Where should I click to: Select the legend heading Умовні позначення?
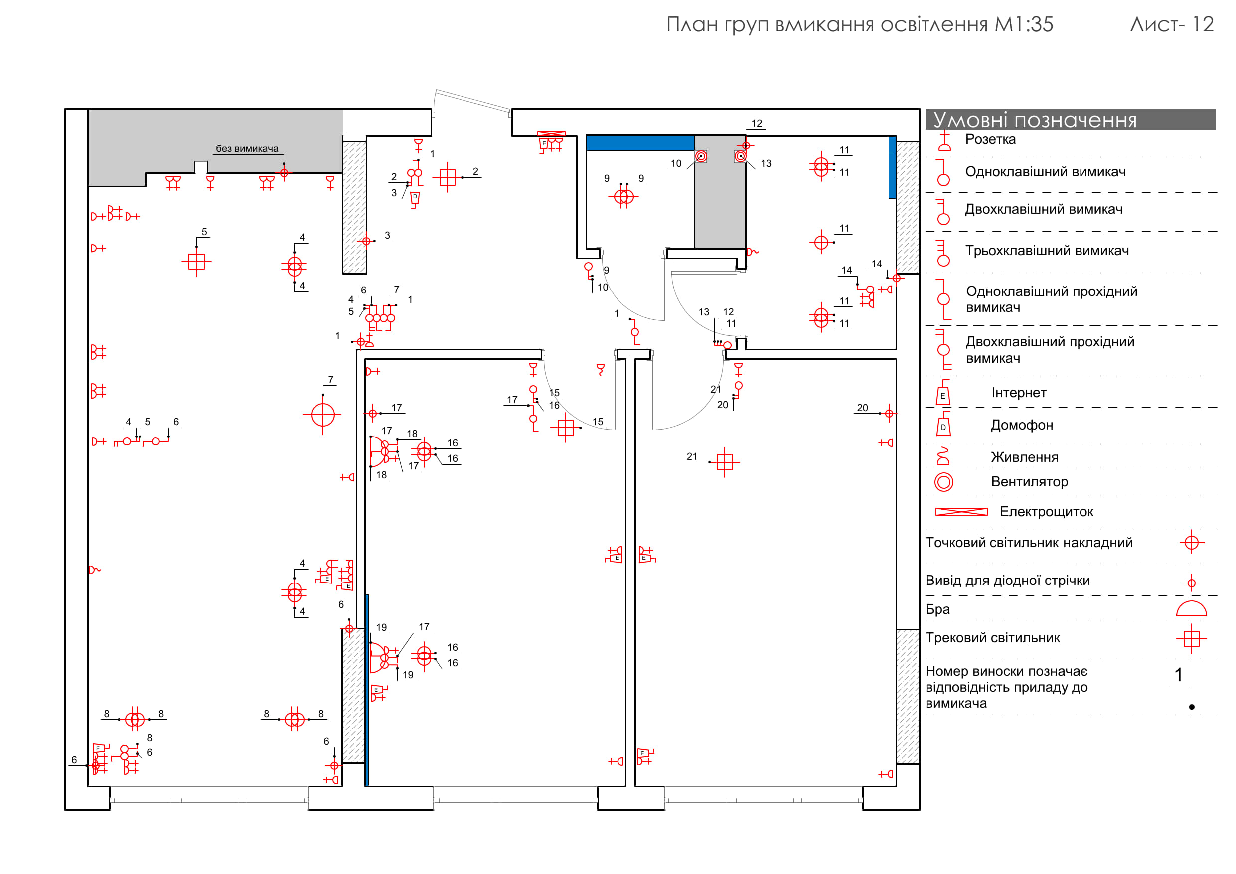(1034, 120)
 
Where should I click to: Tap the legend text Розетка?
(990, 140)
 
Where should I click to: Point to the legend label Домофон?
(1021, 425)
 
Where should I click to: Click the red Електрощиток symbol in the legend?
(961, 512)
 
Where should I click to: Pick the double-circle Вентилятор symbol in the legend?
(943, 482)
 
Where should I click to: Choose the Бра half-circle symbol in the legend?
(1191, 609)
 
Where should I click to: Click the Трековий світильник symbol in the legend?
(1191, 639)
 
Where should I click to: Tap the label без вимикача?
(247, 149)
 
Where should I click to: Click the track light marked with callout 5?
(196, 262)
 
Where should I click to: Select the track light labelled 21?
(725, 462)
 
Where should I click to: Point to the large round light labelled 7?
(323, 415)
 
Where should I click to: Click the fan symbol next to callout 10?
(701, 156)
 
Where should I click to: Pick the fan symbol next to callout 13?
(741, 156)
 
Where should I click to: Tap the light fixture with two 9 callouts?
(624, 197)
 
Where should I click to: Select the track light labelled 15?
(565, 428)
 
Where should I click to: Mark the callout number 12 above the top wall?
(757, 123)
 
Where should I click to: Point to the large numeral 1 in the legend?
(1178, 675)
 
